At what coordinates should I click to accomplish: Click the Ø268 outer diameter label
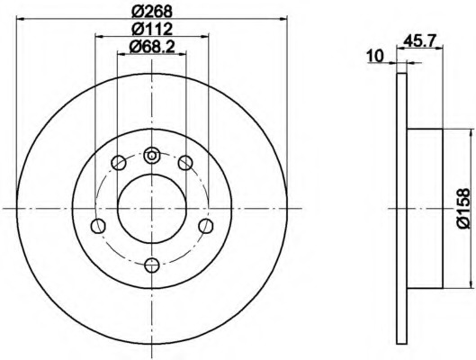152,12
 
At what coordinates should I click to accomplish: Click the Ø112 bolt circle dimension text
152,29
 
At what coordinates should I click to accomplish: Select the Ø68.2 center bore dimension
152,47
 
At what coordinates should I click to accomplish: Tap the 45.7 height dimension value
420,40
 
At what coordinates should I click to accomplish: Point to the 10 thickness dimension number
375,56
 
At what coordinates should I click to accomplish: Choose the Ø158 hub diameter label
464,208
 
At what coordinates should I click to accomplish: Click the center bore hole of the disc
152,209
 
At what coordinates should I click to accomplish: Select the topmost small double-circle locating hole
151,155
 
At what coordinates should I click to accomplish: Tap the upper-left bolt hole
119,163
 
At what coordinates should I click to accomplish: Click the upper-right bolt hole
185,163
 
